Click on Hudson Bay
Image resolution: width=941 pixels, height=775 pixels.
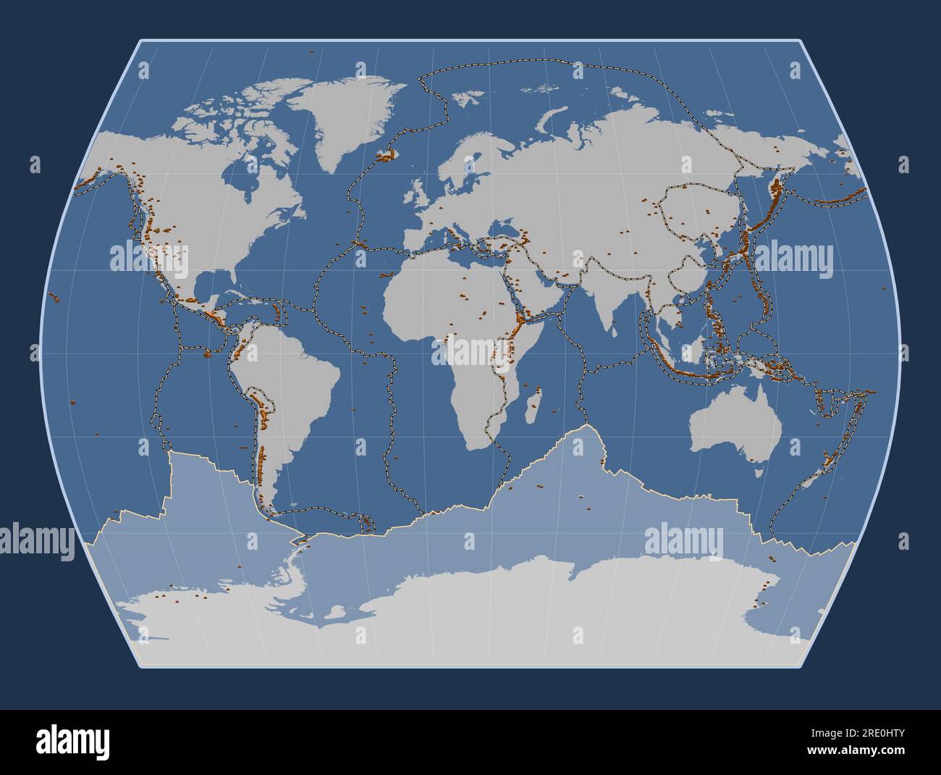tap(250, 174)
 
